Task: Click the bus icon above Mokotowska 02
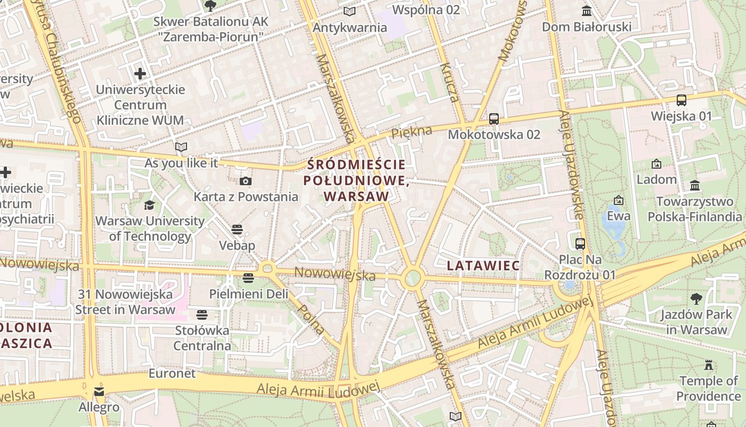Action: (494, 119)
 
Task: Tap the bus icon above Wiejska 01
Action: (681, 100)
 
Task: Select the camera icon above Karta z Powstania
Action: (245, 181)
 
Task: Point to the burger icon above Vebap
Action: (237, 230)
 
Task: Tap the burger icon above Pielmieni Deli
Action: (248, 278)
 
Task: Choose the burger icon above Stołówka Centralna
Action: (201, 315)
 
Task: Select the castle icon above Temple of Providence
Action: (709, 366)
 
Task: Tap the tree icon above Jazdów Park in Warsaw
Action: (696, 299)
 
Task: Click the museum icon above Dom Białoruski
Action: (587, 11)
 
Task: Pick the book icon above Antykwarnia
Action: (350, 12)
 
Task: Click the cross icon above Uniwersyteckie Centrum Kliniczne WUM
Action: (140, 74)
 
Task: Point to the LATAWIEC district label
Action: (483, 265)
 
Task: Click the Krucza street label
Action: (449, 82)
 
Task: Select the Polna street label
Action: (311, 319)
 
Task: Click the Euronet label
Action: (172, 373)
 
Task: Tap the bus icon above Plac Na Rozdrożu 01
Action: (580, 244)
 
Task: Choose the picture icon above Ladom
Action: (656, 164)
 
